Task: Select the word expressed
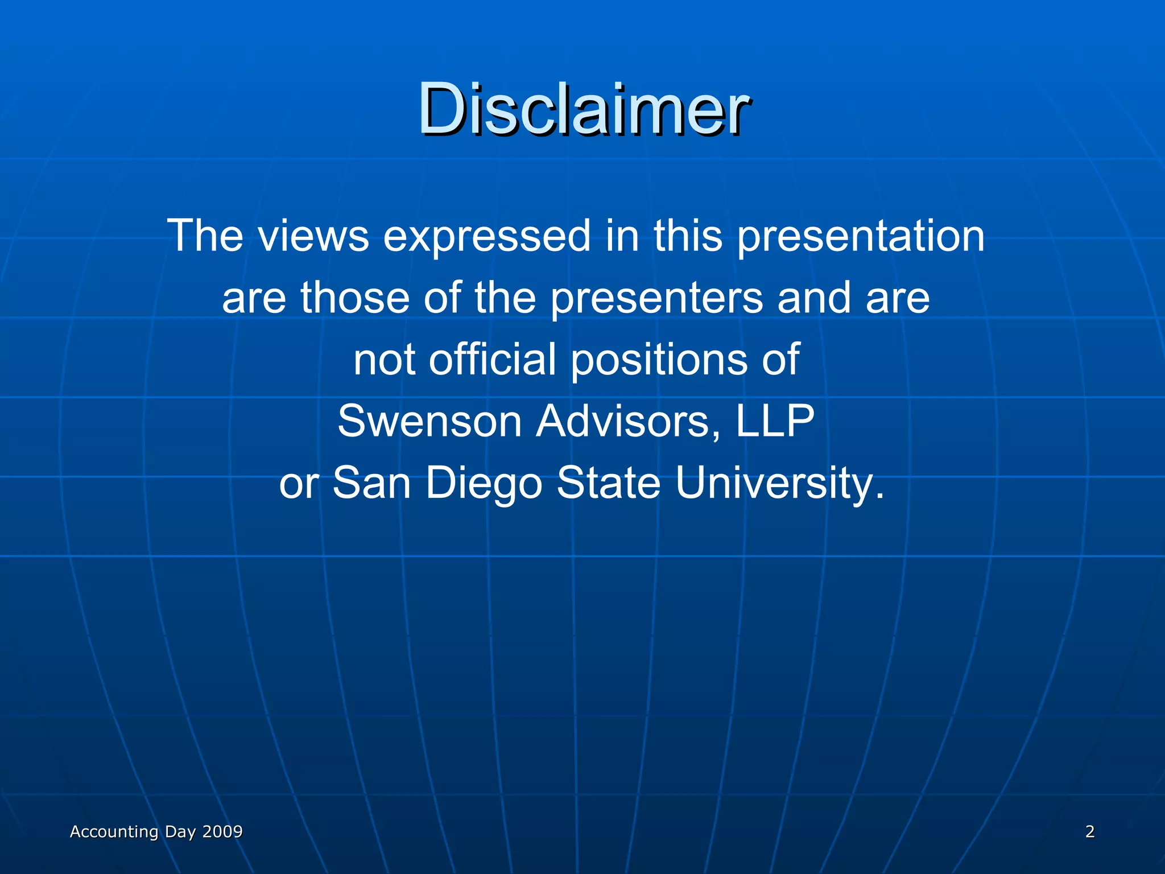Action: (x=487, y=237)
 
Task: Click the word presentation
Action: (x=861, y=237)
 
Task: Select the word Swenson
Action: (x=429, y=421)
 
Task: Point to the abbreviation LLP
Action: (x=775, y=421)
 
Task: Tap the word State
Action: (x=608, y=483)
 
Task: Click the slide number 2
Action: (x=1089, y=831)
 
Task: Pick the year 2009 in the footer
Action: (x=222, y=831)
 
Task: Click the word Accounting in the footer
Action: (x=114, y=832)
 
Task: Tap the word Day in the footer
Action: (x=180, y=832)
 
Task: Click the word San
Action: (x=371, y=483)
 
